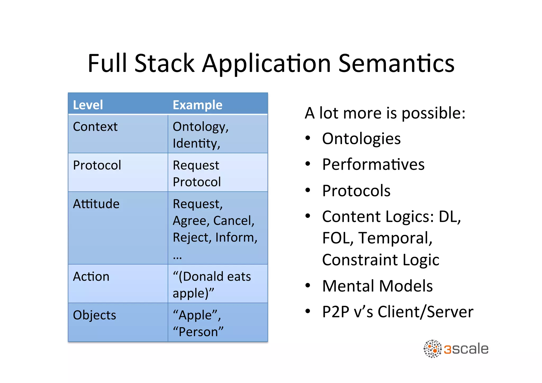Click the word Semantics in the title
[x=396, y=64]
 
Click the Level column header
[x=88, y=105]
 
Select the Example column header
[x=197, y=105]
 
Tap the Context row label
[x=95, y=127]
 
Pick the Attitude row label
[x=96, y=204]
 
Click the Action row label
[x=91, y=277]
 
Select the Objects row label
[x=94, y=315]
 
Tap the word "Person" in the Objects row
[x=198, y=332]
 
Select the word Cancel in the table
[x=233, y=221]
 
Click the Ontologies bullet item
[x=361, y=139]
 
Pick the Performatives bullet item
[x=373, y=164]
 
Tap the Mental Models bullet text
[x=377, y=286]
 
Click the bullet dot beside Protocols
[x=308, y=190]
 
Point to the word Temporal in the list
[x=395, y=238]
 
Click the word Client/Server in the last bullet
[x=425, y=312]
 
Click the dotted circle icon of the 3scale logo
[x=432, y=349]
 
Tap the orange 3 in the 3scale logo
[x=447, y=349]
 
